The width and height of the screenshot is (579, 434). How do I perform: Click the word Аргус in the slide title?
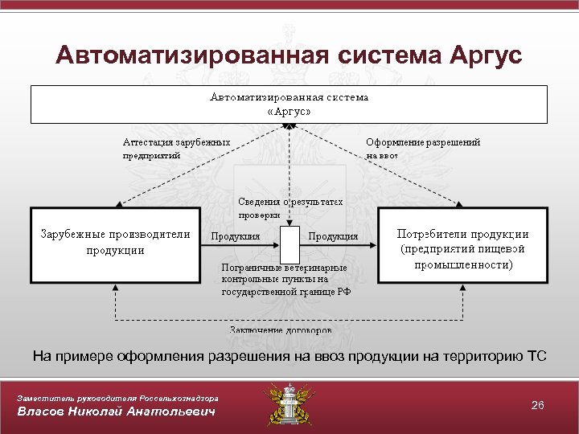(x=482, y=55)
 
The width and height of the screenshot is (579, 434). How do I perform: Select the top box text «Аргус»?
(x=289, y=112)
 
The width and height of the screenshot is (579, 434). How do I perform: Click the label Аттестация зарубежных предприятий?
(x=176, y=149)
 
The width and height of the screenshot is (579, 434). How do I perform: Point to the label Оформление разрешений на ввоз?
(x=423, y=149)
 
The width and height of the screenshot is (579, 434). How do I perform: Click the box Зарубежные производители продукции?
(x=115, y=244)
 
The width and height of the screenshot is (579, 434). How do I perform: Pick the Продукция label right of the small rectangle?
(x=333, y=236)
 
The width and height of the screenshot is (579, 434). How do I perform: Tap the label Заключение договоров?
(x=279, y=330)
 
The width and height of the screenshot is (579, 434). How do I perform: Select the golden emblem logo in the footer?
(x=289, y=404)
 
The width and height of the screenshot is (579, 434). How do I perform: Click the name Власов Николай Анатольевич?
(x=117, y=412)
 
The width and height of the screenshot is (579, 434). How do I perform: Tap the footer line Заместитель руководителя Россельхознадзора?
(x=117, y=398)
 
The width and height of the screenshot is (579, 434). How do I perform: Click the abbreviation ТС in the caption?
(x=536, y=355)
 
